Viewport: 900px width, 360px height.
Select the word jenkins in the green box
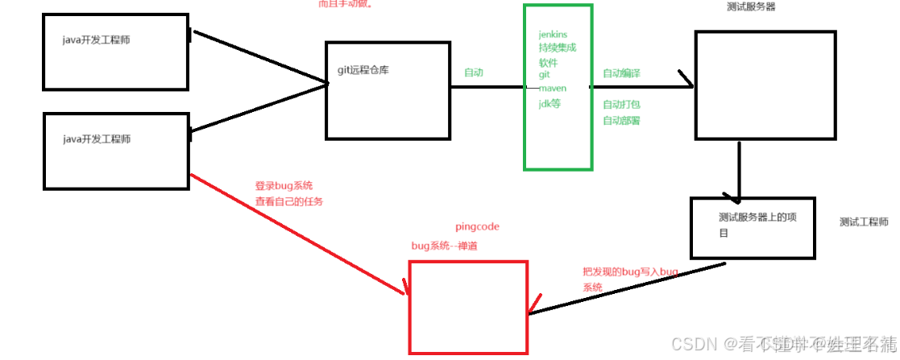pos(553,35)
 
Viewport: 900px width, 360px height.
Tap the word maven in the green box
pos(552,88)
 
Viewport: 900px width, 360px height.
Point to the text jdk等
pos(550,103)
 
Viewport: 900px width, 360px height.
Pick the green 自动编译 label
pos(621,73)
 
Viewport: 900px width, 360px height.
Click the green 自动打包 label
pos(621,105)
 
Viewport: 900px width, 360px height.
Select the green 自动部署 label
pos(621,120)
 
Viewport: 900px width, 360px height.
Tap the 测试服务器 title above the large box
pos(751,7)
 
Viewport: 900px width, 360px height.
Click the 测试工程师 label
pos(864,222)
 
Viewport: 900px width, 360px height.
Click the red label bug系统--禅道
pos(444,246)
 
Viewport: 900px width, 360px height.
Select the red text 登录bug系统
pos(284,186)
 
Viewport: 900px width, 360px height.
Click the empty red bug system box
pos(468,307)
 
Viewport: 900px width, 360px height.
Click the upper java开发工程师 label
pos(96,40)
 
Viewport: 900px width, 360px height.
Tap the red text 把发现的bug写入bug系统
pos(631,279)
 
